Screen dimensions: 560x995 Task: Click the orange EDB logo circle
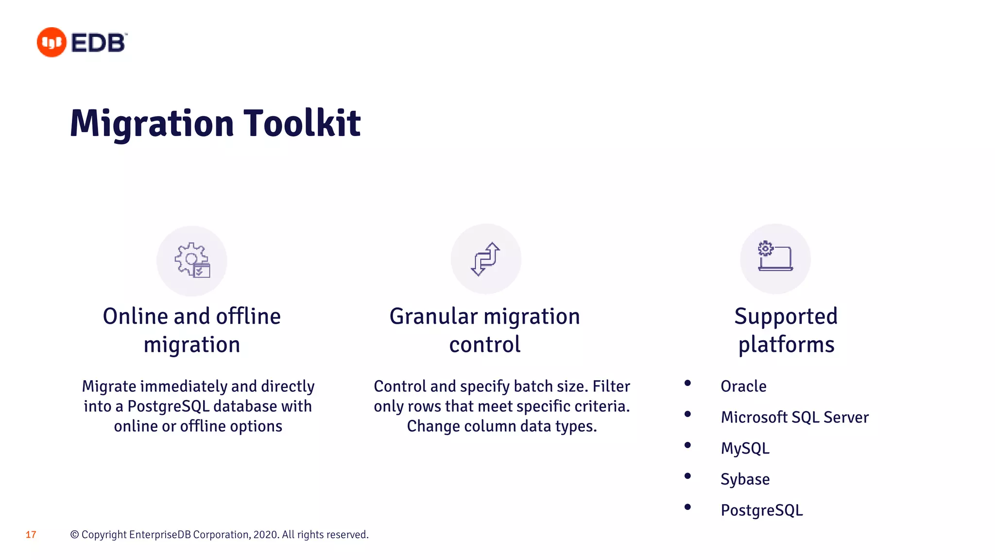tap(51, 42)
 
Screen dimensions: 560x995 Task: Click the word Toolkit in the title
tap(302, 123)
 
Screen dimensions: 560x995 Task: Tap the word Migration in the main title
tap(152, 123)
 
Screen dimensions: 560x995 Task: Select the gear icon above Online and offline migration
tap(191, 261)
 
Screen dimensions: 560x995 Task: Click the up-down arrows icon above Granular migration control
tap(485, 259)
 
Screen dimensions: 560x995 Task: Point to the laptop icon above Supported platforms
tap(775, 257)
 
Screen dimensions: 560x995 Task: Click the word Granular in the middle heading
tap(433, 316)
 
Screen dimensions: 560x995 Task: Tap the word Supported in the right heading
tap(786, 316)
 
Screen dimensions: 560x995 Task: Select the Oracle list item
tap(743, 386)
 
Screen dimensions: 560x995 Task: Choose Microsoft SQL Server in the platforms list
tap(794, 417)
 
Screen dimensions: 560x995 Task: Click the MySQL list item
tap(745, 448)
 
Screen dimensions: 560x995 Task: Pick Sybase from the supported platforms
tap(745, 479)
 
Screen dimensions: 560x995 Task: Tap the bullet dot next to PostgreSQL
tap(687, 507)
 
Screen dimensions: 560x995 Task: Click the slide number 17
tap(31, 535)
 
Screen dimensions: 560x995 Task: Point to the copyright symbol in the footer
tap(74, 535)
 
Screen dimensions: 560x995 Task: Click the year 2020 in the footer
tap(265, 535)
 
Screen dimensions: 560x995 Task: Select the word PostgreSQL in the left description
tap(168, 406)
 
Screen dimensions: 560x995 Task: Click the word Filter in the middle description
tap(611, 386)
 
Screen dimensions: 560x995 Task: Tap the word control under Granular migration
tap(484, 345)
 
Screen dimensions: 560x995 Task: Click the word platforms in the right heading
tap(786, 345)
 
